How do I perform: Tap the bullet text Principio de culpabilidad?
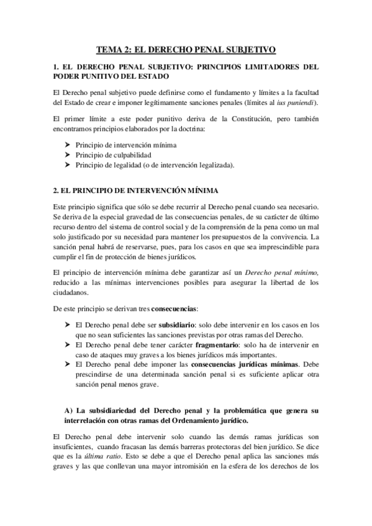116,154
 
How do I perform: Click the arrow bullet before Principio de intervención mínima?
68,144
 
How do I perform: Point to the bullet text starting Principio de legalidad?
155,165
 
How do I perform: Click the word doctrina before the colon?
199,128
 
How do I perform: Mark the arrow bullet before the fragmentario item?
68,344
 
